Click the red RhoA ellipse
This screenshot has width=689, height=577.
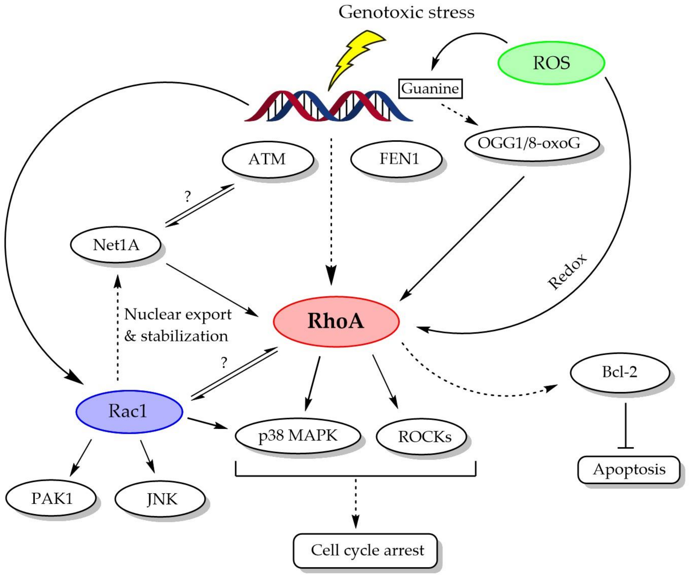(336, 321)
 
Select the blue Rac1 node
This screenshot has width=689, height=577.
(129, 411)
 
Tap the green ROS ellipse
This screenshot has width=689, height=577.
(551, 63)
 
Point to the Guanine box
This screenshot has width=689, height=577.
(430, 89)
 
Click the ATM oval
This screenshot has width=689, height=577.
(267, 159)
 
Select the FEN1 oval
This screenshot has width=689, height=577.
(396, 159)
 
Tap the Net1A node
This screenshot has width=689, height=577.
(115, 245)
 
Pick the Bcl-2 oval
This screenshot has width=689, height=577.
(619, 372)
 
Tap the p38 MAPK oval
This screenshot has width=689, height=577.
(298, 436)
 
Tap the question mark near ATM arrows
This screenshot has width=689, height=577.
(187, 196)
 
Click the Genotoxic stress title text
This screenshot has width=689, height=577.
(406, 12)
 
